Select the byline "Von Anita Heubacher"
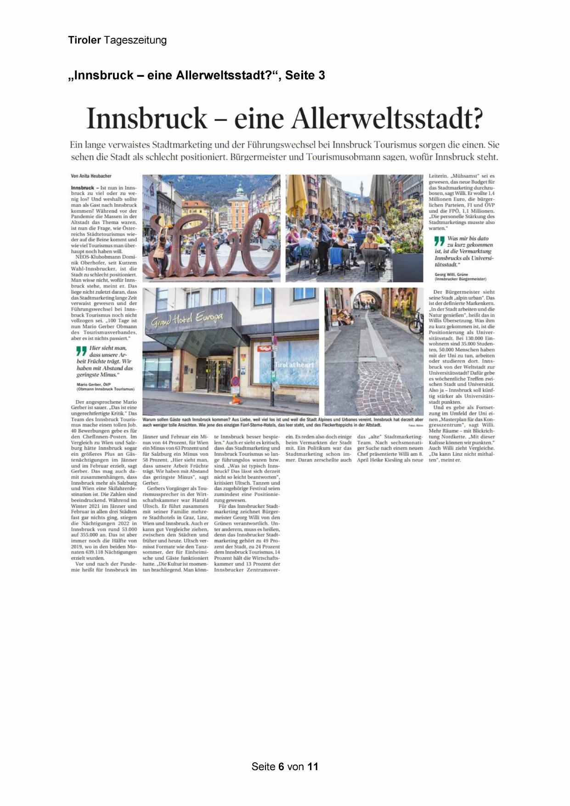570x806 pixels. pos(91,176)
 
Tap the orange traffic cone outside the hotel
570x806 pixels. pos(237,399)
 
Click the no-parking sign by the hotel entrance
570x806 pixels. pos(235,381)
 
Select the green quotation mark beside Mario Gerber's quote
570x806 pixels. pos(81,351)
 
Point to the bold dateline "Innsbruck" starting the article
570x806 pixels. pos(83,188)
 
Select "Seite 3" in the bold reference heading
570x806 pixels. pos(305,75)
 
